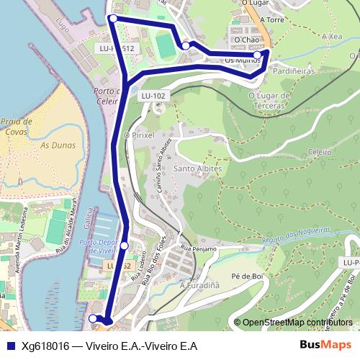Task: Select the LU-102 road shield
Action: click(x=153, y=95)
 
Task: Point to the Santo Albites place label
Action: click(x=198, y=168)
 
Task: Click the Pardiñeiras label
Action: click(x=294, y=72)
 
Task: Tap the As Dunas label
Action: click(x=54, y=145)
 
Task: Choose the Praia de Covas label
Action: click(x=16, y=127)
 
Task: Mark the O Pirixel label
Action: click(x=140, y=135)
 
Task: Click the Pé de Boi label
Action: click(x=245, y=276)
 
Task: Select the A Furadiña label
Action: click(x=199, y=286)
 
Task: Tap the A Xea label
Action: click(x=332, y=36)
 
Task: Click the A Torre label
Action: click(x=274, y=19)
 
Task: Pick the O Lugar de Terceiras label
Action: click(x=269, y=99)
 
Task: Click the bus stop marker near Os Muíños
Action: click(x=258, y=55)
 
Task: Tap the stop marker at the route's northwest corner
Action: click(x=113, y=18)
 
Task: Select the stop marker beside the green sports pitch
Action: click(x=186, y=46)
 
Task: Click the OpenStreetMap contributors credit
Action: click(x=297, y=323)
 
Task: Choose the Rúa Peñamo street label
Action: click(x=199, y=248)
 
